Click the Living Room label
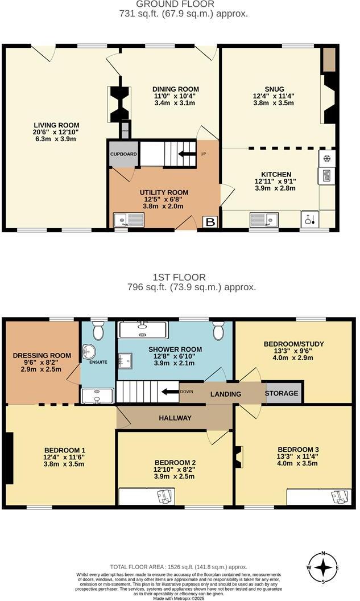[x=56, y=125]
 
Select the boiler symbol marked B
[x=210, y=222]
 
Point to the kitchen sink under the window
[x=264, y=219]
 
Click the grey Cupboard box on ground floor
[x=121, y=154]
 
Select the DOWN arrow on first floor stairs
[x=169, y=392]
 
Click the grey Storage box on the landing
[x=283, y=393]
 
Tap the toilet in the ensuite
[x=98, y=330]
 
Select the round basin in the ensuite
[x=89, y=353]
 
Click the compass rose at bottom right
[x=324, y=567]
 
